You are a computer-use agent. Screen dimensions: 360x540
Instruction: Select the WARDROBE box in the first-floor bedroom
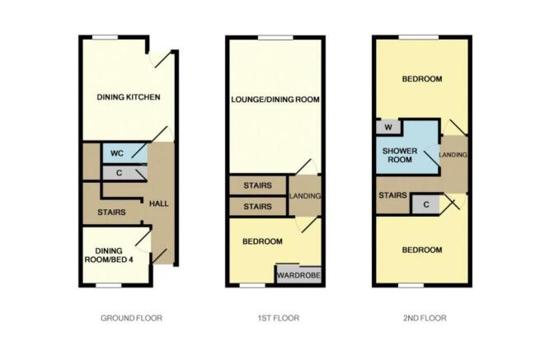298,275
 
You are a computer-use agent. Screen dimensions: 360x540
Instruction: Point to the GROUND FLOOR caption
130,318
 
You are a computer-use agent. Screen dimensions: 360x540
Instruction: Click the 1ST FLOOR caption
277,318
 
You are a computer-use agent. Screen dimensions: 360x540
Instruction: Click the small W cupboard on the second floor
387,127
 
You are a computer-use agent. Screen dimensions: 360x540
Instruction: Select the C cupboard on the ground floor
120,173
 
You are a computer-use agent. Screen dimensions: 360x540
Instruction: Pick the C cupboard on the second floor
425,203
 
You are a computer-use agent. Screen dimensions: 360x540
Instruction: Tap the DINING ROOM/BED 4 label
114,256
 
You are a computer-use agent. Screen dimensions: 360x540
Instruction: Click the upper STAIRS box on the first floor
258,185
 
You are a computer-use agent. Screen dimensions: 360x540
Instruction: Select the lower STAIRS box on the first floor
258,206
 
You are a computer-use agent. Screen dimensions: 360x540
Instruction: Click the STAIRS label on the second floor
392,196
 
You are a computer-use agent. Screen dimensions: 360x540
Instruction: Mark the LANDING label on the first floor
305,196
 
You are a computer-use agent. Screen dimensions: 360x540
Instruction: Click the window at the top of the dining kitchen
104,37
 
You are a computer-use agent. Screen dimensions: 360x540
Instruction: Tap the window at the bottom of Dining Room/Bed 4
108,285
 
